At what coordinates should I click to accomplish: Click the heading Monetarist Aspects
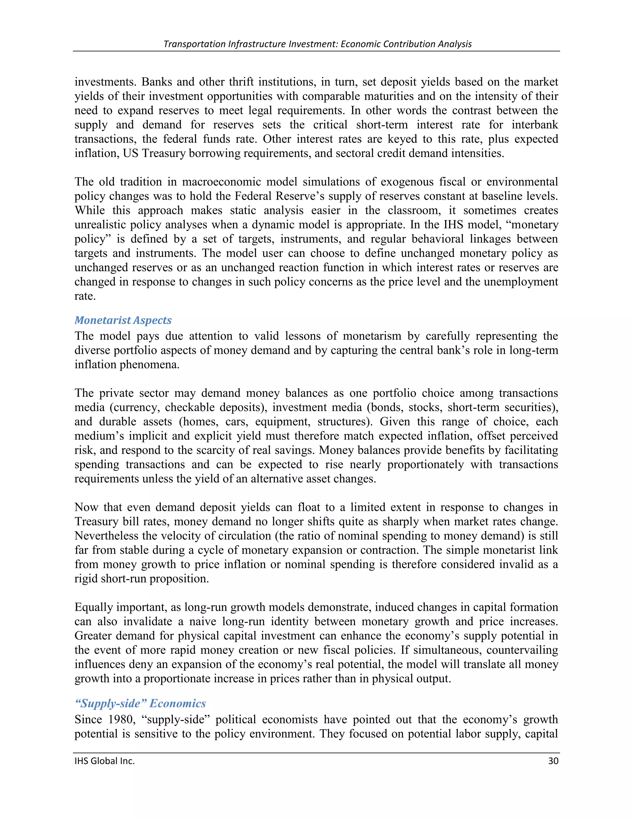(x=123, y=320)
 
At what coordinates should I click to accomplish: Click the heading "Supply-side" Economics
(x=140, y=703)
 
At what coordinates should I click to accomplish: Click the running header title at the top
(x=317, y=44)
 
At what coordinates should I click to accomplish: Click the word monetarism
(x=372, y=336)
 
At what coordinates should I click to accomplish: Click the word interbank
(x=535, y=125)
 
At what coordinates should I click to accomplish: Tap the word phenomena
(x=149, y=364)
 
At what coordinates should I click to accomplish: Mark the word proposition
(x=179, y=578)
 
